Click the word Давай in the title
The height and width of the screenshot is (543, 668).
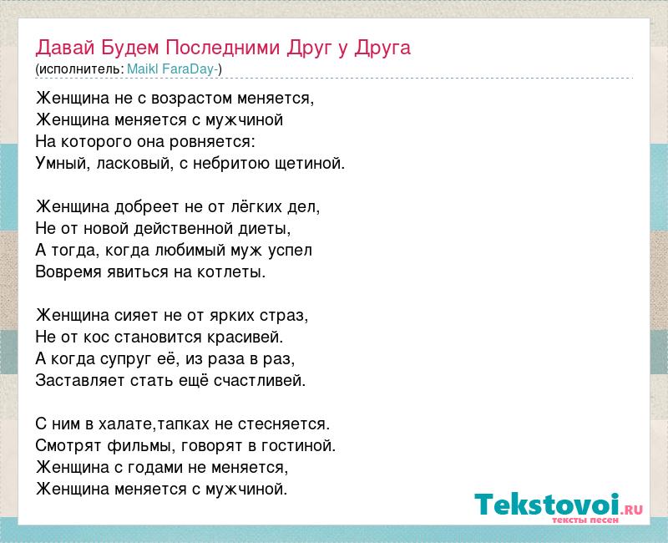65,48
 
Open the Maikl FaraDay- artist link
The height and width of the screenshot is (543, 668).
173,69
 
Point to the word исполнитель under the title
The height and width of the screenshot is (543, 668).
81,69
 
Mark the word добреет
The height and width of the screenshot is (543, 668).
147,206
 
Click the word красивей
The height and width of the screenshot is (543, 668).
245,337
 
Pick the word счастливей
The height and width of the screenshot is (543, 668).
260,381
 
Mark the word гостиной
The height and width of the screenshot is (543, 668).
298,446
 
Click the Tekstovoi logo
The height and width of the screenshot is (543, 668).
559,505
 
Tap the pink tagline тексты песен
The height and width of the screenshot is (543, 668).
585,520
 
